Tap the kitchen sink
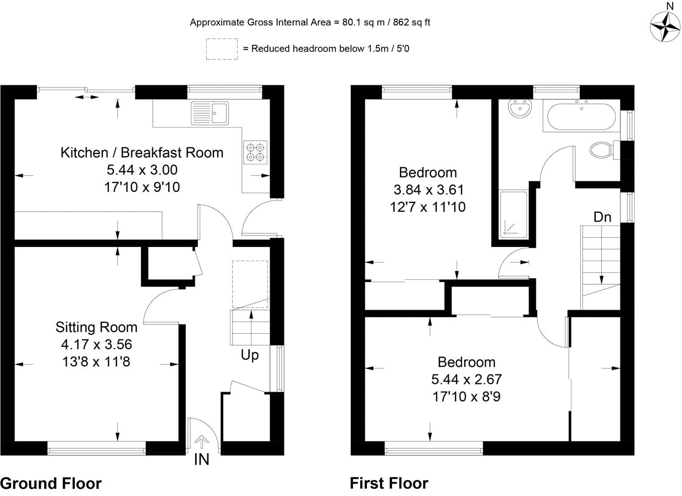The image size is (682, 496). [x=210, y=113]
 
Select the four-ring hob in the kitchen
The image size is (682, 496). [x=255, y=152]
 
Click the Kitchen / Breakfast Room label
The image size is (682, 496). [x=142, y=152]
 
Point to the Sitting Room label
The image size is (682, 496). [x=96, y=327]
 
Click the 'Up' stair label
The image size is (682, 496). [x=250, y=355]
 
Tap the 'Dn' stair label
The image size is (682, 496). [x=603, y=217]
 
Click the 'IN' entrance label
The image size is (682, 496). [x=201, y=460]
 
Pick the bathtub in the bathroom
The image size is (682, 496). [x=581, y=117]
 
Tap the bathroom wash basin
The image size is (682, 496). [x=520, y=108]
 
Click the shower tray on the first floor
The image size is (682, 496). [x=513, y=214]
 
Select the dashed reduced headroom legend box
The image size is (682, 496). [x=222, y=49]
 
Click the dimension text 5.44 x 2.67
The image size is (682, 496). [x=466, y=379]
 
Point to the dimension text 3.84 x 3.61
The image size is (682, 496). [x=428, y=190]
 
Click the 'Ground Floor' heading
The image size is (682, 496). [x=51, y=483]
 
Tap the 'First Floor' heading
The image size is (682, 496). [x=389, y=483]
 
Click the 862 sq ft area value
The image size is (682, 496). [x=411, y=22]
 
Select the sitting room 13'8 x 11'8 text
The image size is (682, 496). [x=96, y=362]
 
